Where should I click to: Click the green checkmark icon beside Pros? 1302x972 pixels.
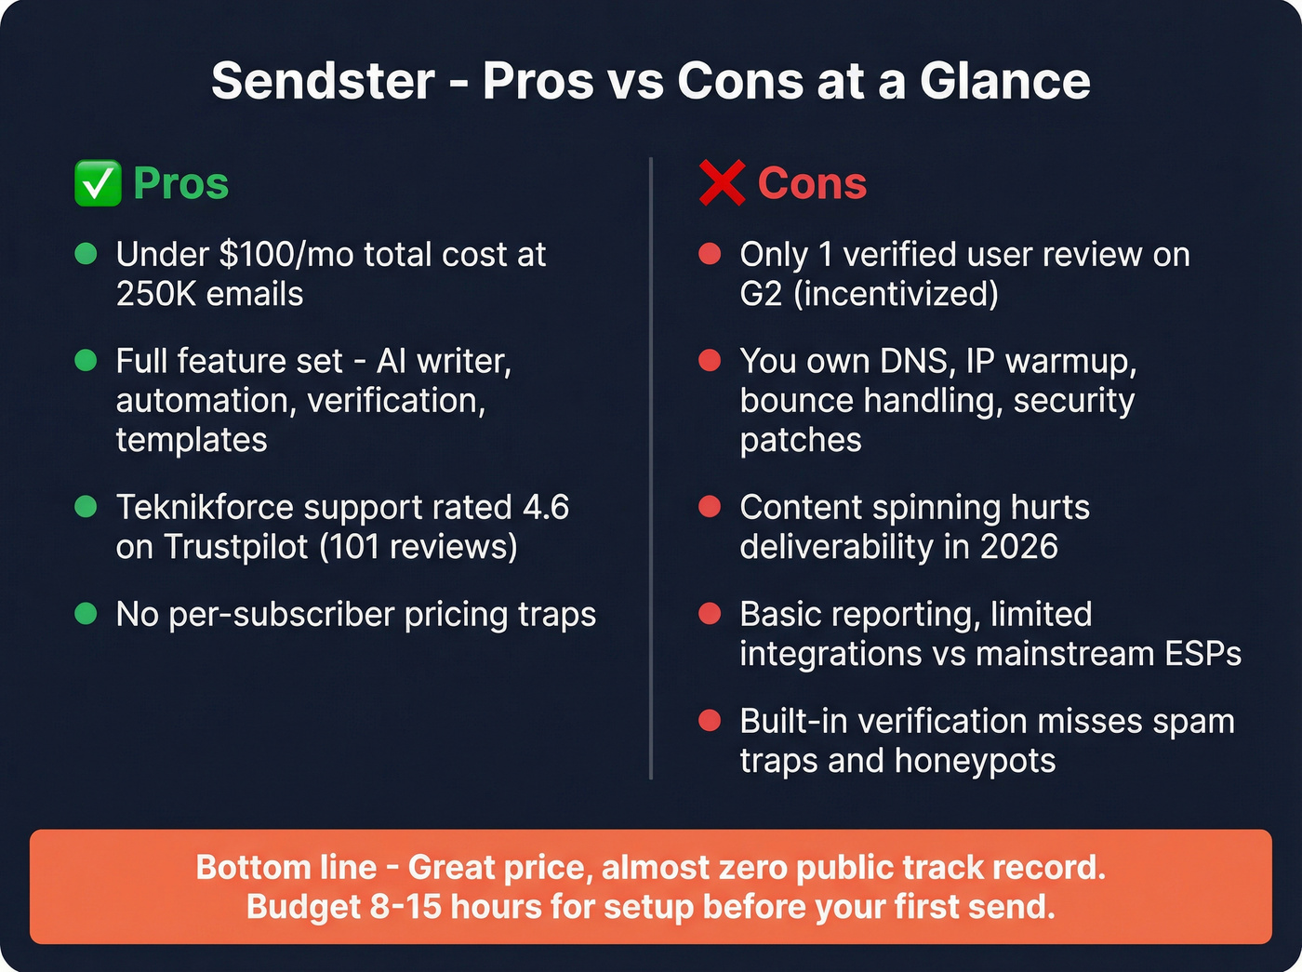pos(98,183)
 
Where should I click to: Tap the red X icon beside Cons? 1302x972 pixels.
pos(722,183)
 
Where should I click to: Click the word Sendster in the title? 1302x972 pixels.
pos(323,81)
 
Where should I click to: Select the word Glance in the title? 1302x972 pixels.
pos(1005,81)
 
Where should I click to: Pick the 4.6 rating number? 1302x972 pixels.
pos(546,508)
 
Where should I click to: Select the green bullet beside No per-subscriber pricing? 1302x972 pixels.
pos(86,614)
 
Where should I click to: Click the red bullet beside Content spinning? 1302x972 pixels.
pos(710,507)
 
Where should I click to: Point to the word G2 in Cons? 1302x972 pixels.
pos(761,294)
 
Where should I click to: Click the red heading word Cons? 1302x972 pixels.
pos(812,183)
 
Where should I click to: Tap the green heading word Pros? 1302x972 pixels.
pos(180,183)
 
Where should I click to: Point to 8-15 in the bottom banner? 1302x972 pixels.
pos(405,906)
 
